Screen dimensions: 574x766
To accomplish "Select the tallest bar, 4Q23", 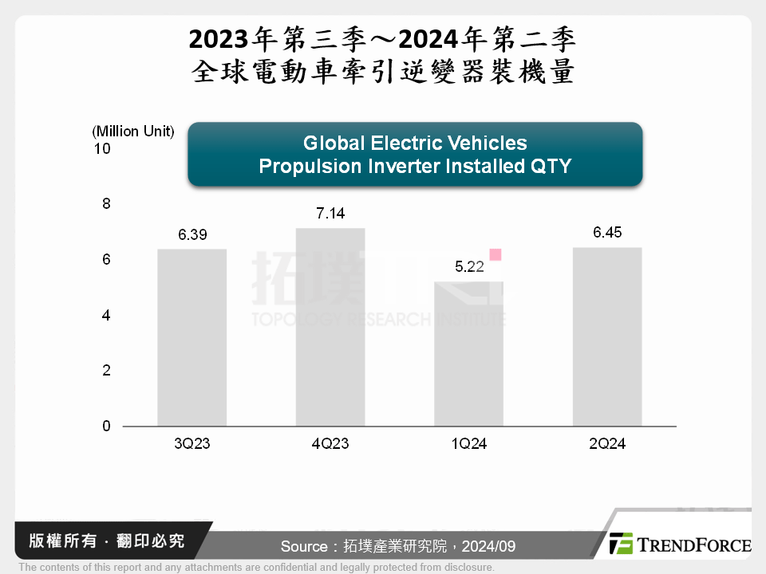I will (330, 327).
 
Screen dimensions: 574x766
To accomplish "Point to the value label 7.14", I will (330, 214).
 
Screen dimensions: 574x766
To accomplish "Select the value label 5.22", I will (469, 267).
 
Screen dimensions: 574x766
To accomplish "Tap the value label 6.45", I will (607, 233).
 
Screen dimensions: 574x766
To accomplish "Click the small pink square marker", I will (496, 255).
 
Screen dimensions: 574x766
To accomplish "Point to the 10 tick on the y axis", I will (105, 149).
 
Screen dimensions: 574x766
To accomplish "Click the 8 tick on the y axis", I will (106, 204).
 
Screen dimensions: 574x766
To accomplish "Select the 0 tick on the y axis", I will (106, 427).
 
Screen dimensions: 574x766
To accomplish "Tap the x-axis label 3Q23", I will (191, 444).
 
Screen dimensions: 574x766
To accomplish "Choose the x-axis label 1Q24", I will (468, 444).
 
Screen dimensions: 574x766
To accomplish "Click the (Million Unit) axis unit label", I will (133, 132).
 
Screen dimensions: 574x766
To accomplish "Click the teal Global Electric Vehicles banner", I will (415, 155).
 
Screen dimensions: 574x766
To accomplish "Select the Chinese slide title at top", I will (383, 55).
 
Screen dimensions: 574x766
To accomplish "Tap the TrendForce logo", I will (680, 545).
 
